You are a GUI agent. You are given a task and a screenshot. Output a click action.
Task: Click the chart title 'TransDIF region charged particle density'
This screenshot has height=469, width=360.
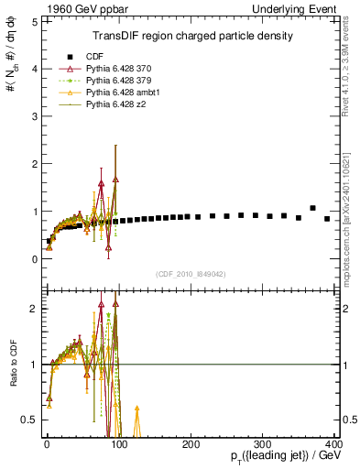(192, 36)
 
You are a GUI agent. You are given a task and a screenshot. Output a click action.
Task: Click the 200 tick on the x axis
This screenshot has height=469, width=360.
(191, 444)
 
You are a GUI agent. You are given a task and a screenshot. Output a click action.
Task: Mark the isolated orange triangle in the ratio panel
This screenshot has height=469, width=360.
(136, 409)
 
